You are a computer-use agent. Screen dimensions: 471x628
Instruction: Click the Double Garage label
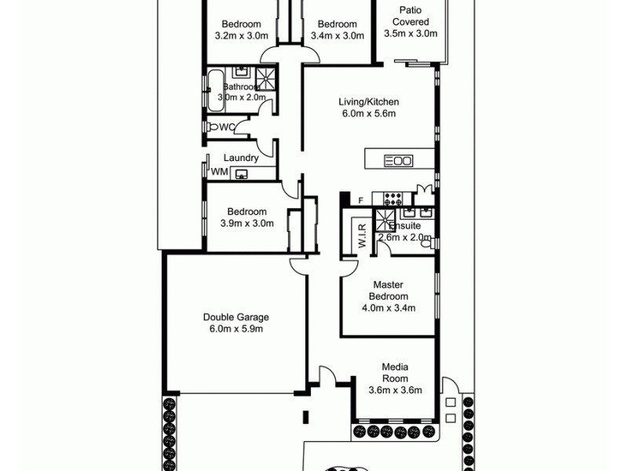pyautogui.click(x=235, y=317)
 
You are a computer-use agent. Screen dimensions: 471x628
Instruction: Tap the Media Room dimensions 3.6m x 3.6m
pyautogui.click(x=396, y=390)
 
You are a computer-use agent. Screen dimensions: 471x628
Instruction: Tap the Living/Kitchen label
pyautogui.click(x=369, y=102)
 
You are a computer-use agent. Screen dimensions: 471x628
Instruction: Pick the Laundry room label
pyautogui.click(x=241, y=158)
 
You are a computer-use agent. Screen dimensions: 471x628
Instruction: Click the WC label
pyautogui.click(x=226, y=126)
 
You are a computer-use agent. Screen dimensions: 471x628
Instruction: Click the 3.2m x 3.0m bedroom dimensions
pyautogui.click(x=241, y=35)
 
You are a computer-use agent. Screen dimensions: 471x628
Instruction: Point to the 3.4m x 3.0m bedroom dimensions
pyautogui.click(x=338, y=35)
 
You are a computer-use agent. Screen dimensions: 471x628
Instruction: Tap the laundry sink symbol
pyautogui.click(x=242, y=173)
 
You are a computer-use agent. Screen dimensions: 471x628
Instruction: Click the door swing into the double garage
pyautogui.click(x=299, y=267)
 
